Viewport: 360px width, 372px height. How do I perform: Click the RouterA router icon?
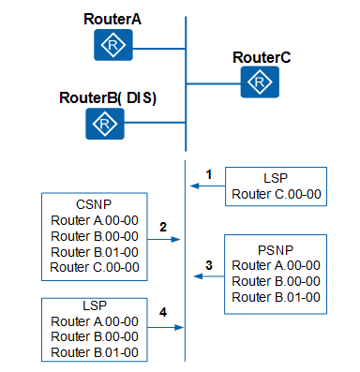[112, 45]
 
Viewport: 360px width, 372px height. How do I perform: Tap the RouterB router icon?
[106, 123]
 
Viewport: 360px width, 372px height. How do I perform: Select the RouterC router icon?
[255, 82]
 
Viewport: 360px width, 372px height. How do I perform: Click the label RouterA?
[112, 19]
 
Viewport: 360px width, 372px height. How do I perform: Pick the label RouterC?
[262, 58]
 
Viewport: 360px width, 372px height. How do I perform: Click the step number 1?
[210, 174]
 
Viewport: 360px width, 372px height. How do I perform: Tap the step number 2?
[162, 227]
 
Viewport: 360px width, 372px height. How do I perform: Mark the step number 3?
[209, 265]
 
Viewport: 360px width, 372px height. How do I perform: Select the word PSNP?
[276, 249]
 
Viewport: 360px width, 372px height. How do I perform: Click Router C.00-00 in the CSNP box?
[95, 267]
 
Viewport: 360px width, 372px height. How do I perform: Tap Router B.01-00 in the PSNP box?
[276, 297]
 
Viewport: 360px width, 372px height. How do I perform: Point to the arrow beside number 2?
[164, 240]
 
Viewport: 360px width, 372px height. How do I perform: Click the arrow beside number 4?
[164, 327]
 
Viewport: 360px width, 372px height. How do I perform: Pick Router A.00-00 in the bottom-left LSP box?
[95, 320]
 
